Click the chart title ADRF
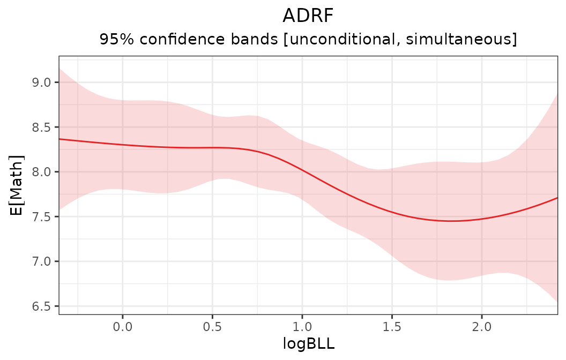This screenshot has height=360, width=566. click(x=308, y=16)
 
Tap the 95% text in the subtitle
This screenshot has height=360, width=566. click(x=115, y=40)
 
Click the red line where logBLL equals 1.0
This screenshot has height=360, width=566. click(x=302, y=170)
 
